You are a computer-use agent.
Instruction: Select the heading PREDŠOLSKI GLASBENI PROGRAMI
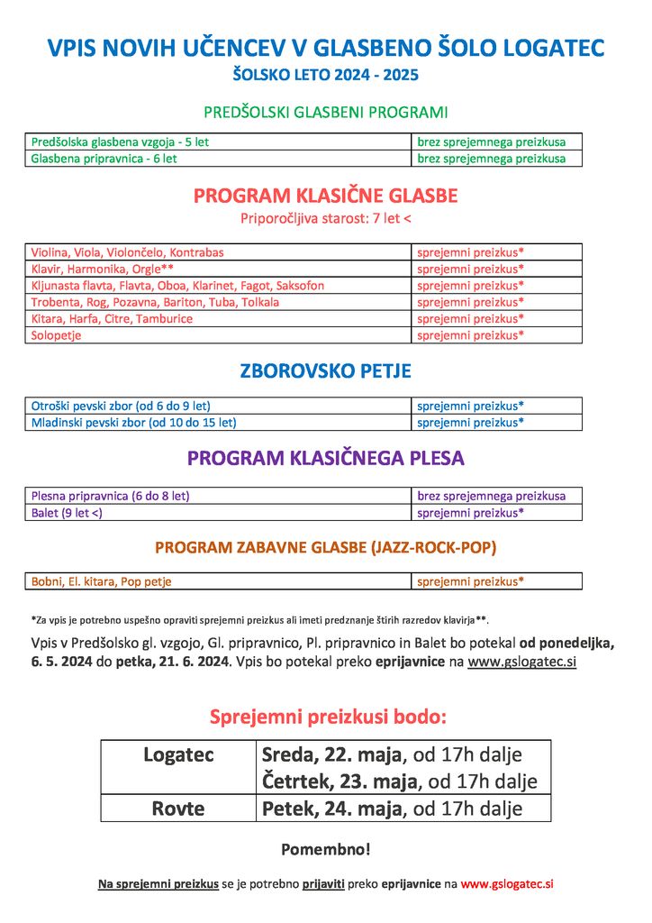(x=325, y=113)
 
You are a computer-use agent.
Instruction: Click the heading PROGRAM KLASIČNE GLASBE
(x=325, y=196)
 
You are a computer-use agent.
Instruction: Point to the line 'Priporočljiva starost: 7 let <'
(x=325, y=218)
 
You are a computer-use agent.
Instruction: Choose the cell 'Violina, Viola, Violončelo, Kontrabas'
(x=127, y=252)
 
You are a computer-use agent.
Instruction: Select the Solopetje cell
(x=56, y=335)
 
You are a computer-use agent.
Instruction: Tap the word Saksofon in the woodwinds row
(x=300, y=286)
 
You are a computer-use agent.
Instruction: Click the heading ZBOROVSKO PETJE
(x=325, y=370)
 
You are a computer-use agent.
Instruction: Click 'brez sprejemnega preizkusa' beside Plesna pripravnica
(x=491, y=496)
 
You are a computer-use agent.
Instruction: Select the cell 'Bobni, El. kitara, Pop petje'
(x=101, y=581)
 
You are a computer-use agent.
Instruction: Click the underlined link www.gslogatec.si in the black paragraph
(x=521, y=663)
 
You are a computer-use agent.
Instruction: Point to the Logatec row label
(x=178, y=755)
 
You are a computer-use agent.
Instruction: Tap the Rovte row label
(x=178, y=809)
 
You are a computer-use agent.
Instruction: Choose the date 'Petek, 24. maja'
(x=331, y=809)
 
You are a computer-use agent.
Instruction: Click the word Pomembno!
(x=325, y=850)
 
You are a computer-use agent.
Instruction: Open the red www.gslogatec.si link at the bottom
(x=507, y=884)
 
